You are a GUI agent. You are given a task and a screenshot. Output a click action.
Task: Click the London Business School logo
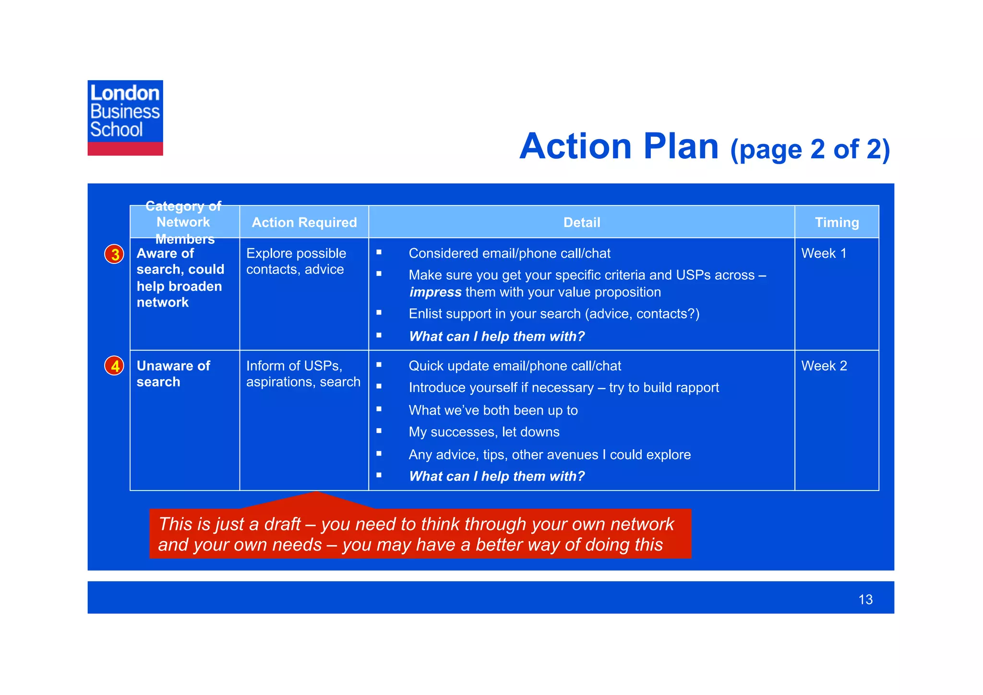click(125, 118)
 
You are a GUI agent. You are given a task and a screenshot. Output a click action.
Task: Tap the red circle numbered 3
click(115, 254)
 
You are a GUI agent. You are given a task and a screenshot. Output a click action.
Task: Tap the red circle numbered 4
click(115, 366)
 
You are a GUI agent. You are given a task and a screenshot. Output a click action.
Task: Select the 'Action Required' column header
click(304, 222)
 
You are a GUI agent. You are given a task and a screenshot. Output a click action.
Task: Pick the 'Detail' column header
click(582, 222)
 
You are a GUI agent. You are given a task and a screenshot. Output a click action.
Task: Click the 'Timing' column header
click(837, 222)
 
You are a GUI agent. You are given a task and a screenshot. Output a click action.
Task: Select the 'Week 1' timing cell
click(824, 253)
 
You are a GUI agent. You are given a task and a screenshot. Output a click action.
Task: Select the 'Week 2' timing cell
click(824, 366)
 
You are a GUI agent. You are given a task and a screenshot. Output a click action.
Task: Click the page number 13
click(865, 599)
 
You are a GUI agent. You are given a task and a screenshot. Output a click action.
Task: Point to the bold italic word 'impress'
click(435, 292)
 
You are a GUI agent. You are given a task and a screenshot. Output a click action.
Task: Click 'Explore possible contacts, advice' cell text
click(296, 261)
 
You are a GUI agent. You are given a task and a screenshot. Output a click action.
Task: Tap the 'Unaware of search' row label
click(173, 374)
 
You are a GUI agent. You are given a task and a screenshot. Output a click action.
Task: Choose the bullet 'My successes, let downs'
click(484, 432)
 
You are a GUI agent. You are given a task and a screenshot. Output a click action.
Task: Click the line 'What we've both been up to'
click(493, 410)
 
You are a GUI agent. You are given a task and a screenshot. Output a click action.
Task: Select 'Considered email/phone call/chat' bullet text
click(509, 253)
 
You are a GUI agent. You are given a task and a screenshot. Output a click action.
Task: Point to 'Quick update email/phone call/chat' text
click(515, 366)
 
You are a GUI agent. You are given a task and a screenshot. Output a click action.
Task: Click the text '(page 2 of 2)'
click(810, 149)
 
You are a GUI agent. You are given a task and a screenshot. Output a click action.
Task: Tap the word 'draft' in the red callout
click(280, 524)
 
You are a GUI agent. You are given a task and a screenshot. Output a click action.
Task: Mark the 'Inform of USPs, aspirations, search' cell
click(303, 374)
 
